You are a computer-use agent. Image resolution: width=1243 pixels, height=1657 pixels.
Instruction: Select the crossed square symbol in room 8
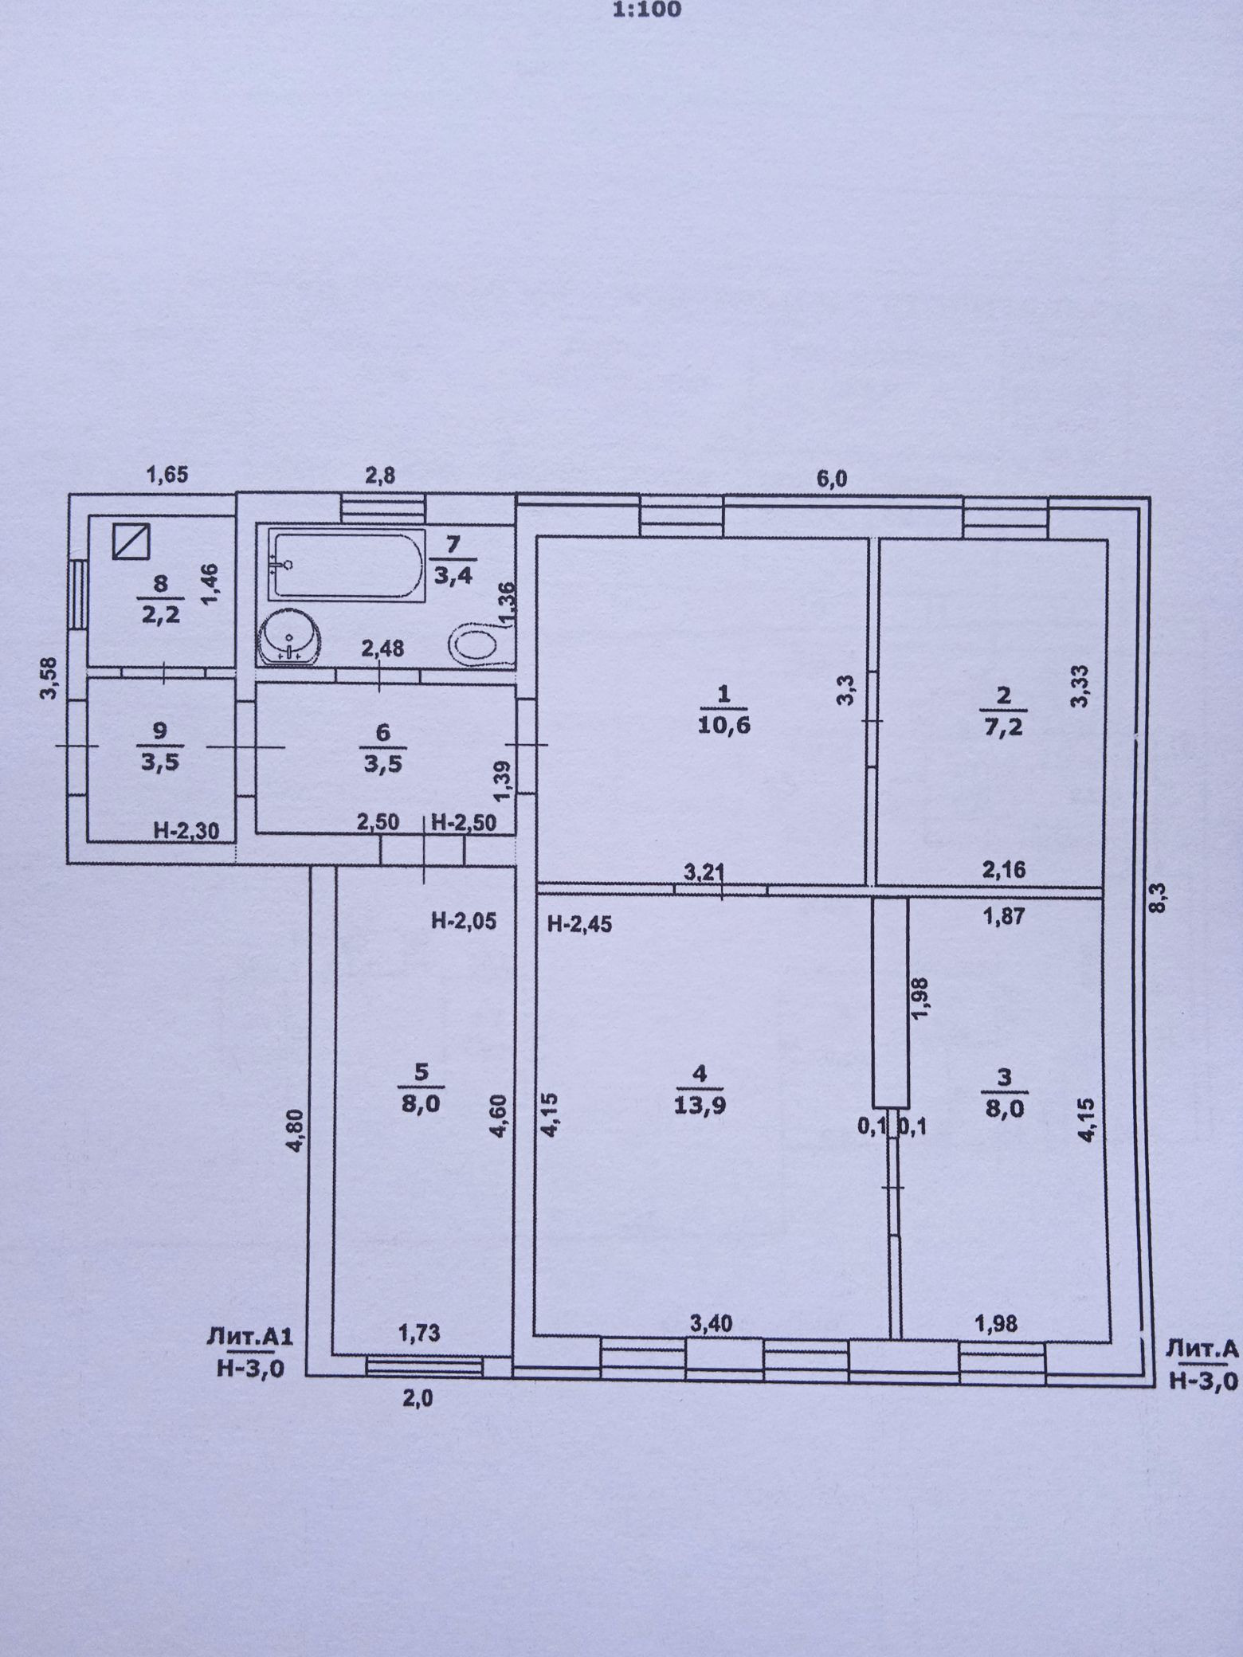coord(131,542)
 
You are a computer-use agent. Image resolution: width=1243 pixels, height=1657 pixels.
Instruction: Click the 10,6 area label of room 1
coord(723,725)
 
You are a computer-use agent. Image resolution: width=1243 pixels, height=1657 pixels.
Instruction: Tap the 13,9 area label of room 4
coord(700,1105)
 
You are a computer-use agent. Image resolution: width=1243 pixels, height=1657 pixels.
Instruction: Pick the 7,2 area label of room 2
coord(1003,725)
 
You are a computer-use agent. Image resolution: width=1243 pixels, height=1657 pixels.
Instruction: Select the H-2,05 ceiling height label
coord(464,921)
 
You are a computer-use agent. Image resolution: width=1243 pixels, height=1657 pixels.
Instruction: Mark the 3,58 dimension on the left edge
coord(49,677)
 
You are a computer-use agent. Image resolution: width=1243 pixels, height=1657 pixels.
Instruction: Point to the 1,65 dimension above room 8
coord(167,476)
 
